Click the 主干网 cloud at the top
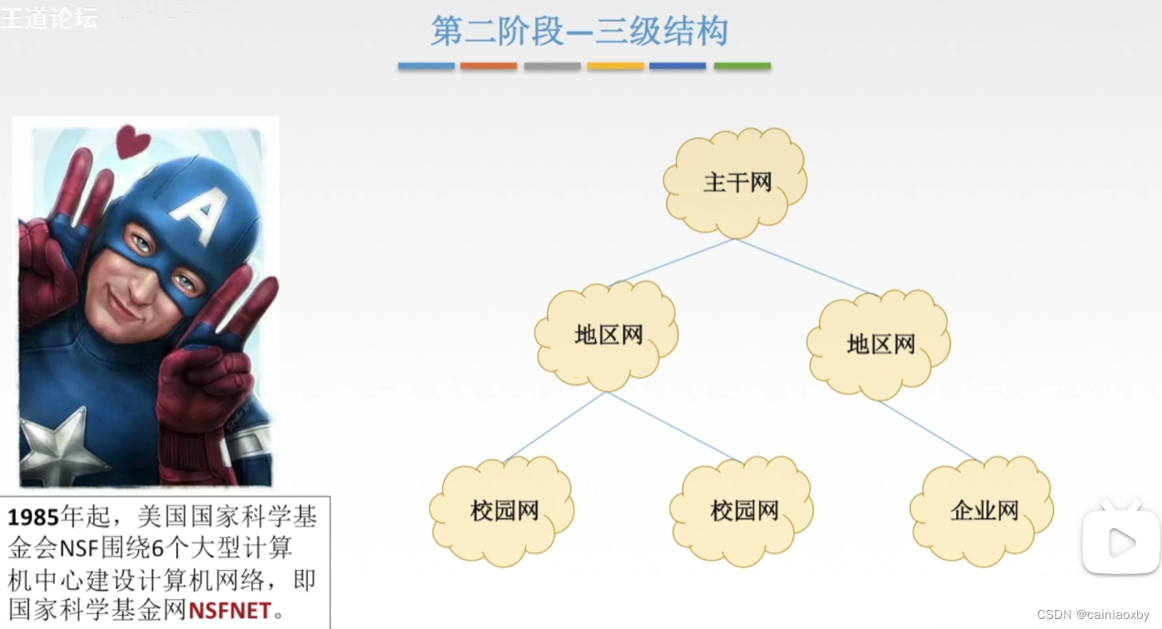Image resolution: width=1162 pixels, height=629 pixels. tap(736, 182)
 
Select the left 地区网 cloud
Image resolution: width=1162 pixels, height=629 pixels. tap(608, 336)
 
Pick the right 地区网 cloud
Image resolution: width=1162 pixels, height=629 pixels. tap(881, 343)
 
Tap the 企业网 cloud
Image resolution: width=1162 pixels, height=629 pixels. tap(983, 510)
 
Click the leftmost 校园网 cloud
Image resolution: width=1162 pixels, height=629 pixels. tap(504, 510)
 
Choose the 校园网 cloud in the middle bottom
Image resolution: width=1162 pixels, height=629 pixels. tap(743, 510)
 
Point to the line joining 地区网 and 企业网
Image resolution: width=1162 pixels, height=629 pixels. tap(928, 431)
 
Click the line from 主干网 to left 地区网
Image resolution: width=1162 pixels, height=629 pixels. tap(671, 262)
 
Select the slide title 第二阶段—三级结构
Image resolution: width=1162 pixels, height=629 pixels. tap(579, 32)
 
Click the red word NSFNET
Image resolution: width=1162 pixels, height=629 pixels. tap(230, 611)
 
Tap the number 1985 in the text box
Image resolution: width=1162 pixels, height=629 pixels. tap(33, 517)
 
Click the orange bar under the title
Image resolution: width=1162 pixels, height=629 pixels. tap(489, 66)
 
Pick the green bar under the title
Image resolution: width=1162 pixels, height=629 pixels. tap(742, 66)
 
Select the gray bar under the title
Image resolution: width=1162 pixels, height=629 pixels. tap(552, 66)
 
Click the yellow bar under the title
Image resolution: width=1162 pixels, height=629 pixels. tap(615, 66)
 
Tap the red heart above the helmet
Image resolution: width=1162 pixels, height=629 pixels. tap(132, 141)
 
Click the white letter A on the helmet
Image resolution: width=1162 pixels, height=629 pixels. tap(199, 212)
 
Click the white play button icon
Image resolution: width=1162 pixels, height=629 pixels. tap(1120, 542)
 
